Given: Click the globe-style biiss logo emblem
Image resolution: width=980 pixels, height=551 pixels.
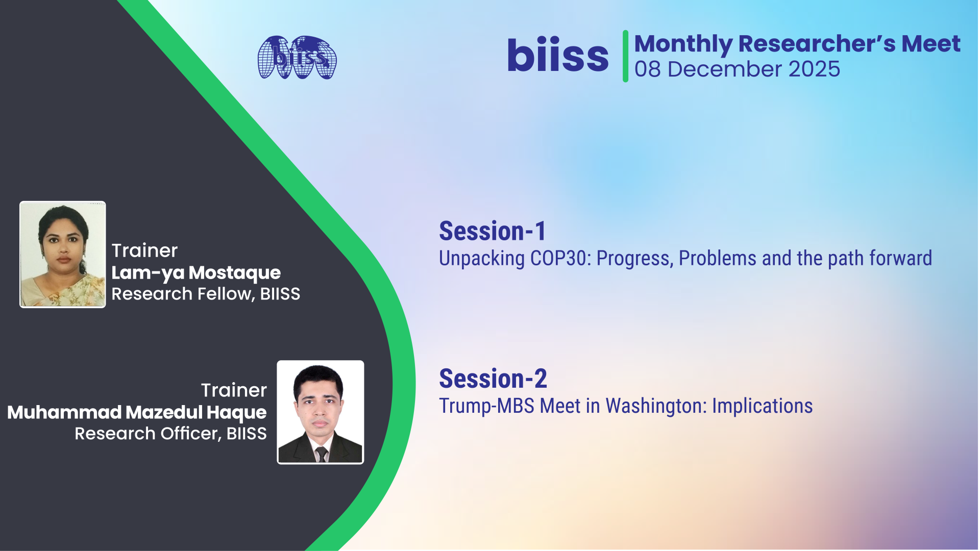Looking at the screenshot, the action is point(297,57).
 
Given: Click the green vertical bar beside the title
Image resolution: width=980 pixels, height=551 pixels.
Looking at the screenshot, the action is point(625,56).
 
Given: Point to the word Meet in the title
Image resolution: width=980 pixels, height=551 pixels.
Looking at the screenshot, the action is point(931,43).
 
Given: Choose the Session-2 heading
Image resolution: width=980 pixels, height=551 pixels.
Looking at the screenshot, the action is point(493,379).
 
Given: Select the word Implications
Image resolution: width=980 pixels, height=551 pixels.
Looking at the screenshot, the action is point(763,407).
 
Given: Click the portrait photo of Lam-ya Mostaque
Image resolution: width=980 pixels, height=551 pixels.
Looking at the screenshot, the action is point(63,255).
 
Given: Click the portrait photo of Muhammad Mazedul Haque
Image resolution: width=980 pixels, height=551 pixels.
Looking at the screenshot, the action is point(321,412).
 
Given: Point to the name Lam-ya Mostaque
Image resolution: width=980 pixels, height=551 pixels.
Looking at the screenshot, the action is point(196,273).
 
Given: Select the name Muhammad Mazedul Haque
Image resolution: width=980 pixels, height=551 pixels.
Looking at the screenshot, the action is point(137,412).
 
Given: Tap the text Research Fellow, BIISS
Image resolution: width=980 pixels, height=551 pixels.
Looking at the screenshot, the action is point(206,294).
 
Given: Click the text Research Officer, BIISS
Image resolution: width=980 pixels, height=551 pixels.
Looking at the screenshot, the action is point(170,434).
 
